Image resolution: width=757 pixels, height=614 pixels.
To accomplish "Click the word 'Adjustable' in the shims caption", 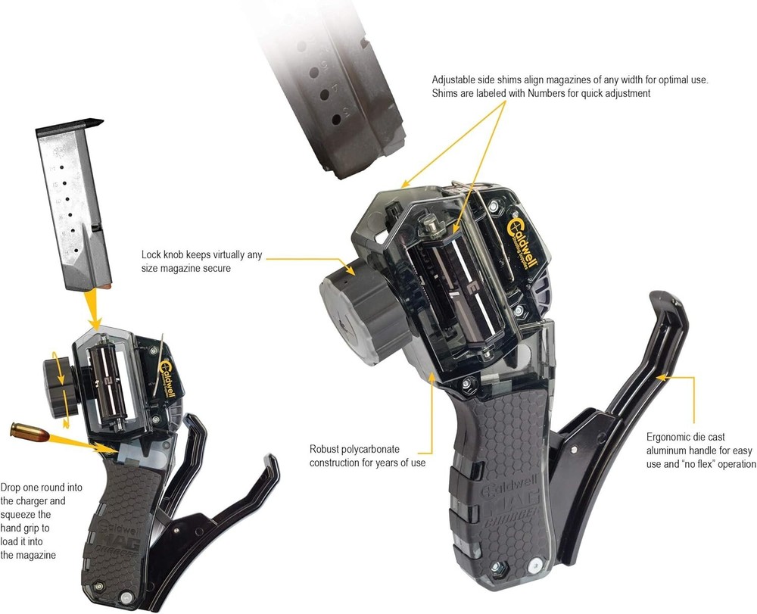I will tap(455, 79).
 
